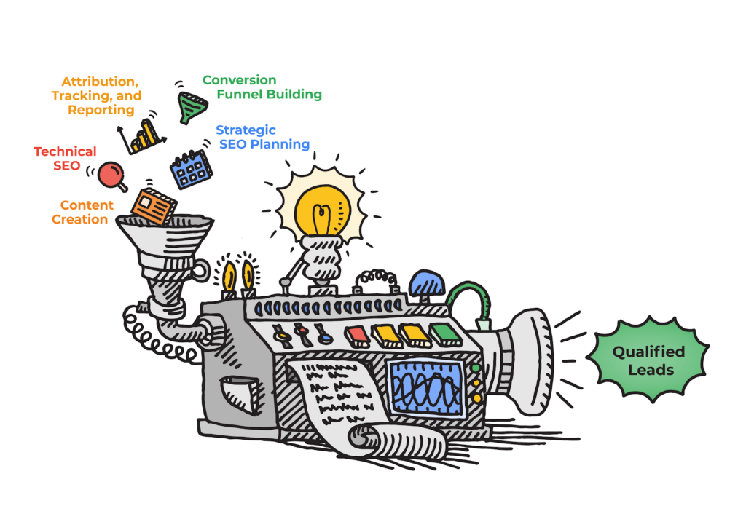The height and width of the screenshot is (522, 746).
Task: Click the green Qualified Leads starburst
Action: point(648,360)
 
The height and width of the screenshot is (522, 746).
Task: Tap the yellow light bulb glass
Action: point(323,210)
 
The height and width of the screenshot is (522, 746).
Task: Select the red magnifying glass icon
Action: point(112,177)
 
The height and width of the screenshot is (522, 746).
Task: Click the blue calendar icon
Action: point(192,169)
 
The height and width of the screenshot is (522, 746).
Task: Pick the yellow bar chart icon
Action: point(142,135)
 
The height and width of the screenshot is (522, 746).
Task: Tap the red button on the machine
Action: point(356,334)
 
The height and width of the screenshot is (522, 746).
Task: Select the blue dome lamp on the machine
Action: point(427,283)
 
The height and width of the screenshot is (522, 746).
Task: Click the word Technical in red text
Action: point(65,151)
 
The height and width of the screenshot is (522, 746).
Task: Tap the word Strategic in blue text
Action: point(246,131)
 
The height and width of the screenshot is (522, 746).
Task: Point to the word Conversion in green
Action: point(239,80)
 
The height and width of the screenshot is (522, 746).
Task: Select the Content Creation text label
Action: point(80,212)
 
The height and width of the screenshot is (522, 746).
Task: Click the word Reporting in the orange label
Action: point(101,110)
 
